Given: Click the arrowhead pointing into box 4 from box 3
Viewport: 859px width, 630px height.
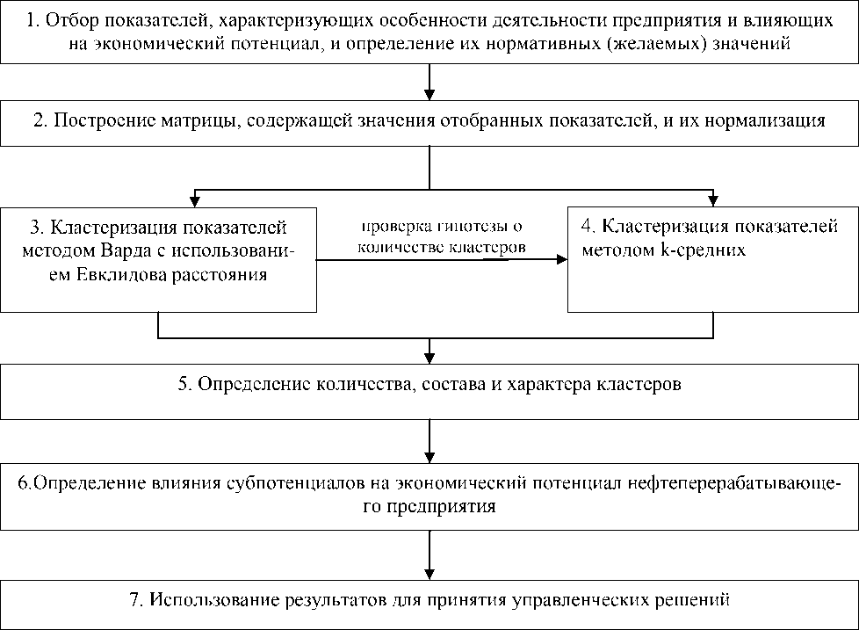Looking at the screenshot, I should (560, 259).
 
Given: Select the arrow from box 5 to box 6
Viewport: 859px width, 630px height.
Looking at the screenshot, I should (429, 438).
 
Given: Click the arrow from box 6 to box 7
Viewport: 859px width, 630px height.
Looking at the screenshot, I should (429, 550).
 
